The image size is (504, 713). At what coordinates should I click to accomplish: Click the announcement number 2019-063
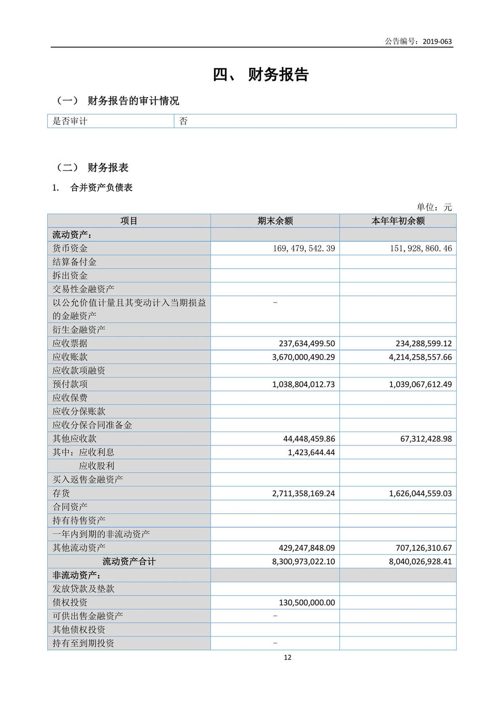pyautogui.click(x=437, y=41)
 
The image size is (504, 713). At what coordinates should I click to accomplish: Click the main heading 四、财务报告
pyautogui.click(x=261, y=74)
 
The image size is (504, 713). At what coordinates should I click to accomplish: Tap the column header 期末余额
pyautogui.click(x=275, y=221)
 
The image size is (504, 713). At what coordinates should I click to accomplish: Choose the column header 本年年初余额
pyautogui.click(x=398, y=221)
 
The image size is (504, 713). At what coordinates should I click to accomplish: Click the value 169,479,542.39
pyautogui.click(x=304, y=248)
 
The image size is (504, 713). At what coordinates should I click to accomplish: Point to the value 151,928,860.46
pyautogui.click(x=421, y=248)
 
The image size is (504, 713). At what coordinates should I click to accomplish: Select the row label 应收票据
pyautogui.click(x=70, y=343)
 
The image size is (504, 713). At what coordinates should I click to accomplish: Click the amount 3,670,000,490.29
pyautogui.click(x=303, y=357)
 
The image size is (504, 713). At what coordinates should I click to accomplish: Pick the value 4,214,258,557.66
pyautogui.click(x=420, y=357)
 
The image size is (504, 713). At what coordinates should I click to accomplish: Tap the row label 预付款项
pyautogui.click(x=70, y=384)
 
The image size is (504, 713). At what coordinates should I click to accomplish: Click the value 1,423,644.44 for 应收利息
pyautogui.click(x=311, y=452)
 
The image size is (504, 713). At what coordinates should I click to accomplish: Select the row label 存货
pyautogui.click(x=61, y=493)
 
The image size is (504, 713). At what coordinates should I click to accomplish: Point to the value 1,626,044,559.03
pyautogui.click(x=420, y=493)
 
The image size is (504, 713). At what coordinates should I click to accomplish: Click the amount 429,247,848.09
pyautogui.click(x=307, y=548)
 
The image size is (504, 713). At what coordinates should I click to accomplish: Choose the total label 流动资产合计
pyautogui.click(x=129, y=561)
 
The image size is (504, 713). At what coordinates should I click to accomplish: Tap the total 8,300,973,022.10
pyautogui.click(x=303, y=561)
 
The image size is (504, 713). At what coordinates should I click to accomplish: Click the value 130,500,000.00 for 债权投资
pyautogui.click(x=307, y=602)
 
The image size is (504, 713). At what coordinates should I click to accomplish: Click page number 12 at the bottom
pyautogui.click(x=288, y=658)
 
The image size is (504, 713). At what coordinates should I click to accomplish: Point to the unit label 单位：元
pyautogui.click(x=434, y=207)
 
